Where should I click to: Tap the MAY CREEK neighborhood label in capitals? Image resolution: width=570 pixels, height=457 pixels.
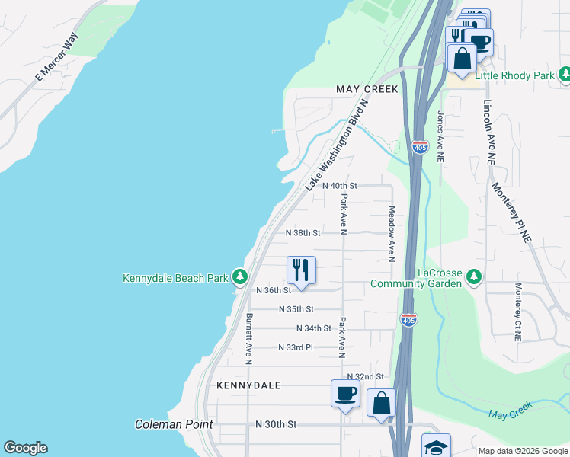(367, 90)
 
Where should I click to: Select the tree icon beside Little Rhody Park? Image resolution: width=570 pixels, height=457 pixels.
(565, 75)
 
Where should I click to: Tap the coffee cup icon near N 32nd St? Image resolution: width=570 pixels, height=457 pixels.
(345, 393)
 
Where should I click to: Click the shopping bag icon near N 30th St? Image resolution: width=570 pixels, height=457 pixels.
(382, 401)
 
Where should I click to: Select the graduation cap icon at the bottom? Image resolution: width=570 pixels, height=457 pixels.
(437, 446)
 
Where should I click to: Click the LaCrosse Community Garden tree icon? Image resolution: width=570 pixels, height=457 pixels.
(475, 275)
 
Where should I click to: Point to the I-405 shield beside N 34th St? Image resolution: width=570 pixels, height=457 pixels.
(409, 321)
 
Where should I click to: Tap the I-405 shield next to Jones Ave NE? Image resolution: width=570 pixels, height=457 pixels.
(420, 146)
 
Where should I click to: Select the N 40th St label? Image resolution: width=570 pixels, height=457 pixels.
(340, 186)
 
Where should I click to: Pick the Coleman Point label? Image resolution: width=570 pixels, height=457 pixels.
(174, 424)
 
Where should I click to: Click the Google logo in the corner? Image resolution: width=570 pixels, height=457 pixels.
(25, 448)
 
